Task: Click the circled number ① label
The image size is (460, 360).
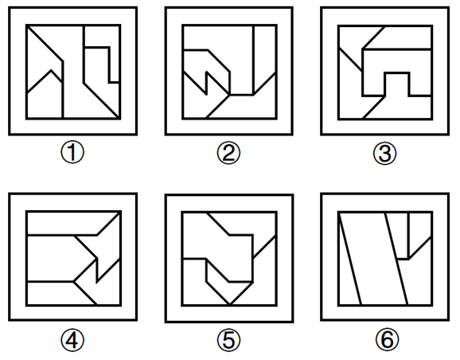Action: click(x=72, y=153)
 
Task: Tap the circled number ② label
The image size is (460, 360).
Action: click(x=228, y=153)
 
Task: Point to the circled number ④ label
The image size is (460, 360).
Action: click(x=72, y=340)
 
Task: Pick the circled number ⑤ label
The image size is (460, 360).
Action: click(x=228, y=340)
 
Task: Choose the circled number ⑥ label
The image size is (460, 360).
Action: click(x=388, y=339)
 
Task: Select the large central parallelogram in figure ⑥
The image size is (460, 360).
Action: click(x=373, y=258)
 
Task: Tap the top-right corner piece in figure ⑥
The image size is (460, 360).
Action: click(x=420, y=229)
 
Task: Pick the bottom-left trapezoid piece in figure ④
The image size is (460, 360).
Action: click(x=56, y=294)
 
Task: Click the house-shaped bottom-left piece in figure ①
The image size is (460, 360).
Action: click(x=45, y=97)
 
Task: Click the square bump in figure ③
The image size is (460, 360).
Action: click(x=397, y=84)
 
